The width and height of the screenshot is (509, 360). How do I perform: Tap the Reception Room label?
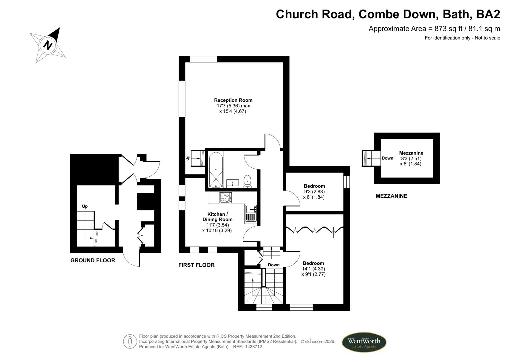tap(233, 100)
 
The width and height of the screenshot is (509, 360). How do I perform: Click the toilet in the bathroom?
tap(247, 181)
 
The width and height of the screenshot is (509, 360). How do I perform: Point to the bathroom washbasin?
tap(232, 183)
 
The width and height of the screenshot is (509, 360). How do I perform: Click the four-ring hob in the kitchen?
tap(226, 198)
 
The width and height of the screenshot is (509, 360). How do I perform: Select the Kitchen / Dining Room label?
tap(217, 217)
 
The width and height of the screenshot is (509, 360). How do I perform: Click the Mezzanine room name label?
tap(411, 153)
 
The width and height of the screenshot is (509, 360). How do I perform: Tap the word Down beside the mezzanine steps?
tap(387, 158)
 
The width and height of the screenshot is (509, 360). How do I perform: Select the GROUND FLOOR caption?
tap(93, 260)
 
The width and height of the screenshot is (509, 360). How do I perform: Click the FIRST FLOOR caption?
tap(196, 265)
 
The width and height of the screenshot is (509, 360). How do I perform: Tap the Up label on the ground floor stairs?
tap(85, 206)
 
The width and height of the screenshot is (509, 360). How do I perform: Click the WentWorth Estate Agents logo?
tap(364, 342)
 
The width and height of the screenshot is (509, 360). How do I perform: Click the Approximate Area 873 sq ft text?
tap(434, 29)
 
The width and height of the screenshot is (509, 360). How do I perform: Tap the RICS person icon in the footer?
tap(130, 341)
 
